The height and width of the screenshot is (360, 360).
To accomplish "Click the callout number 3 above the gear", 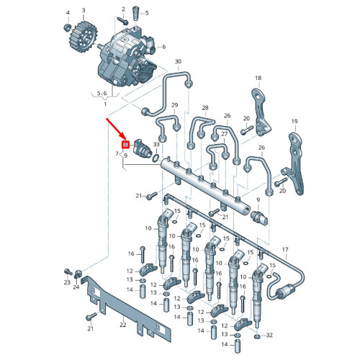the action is point(84,10).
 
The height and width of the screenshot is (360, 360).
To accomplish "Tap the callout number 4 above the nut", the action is point(68,13).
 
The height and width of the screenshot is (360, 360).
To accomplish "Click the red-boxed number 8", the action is point(126,145).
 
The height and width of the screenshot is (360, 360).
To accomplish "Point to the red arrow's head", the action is point(125,138).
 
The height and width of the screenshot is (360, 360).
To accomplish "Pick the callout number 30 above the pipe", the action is point(178,61).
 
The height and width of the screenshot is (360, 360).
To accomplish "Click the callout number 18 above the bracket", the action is point(258,78).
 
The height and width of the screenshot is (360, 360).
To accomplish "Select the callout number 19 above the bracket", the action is point(294,122).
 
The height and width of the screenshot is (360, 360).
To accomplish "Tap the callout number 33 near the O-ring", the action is point(156,145).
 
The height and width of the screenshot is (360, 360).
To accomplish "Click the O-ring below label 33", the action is point(156,158).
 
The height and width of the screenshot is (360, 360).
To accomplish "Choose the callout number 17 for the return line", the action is point(285,250).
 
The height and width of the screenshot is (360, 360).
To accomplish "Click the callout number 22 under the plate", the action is point(123,325).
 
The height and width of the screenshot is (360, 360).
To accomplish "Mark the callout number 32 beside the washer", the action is point(269,335).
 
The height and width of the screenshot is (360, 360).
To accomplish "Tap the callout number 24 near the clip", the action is point(76,287).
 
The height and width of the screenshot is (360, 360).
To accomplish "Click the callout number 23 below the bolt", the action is point(67,282).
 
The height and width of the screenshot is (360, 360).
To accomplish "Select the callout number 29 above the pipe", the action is point(175,105).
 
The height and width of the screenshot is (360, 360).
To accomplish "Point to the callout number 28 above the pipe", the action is point(205,108).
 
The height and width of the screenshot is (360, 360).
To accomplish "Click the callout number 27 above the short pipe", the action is point(224,134).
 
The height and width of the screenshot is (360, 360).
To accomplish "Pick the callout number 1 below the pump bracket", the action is point(105,104).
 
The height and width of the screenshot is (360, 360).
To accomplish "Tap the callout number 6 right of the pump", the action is point(164,47).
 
